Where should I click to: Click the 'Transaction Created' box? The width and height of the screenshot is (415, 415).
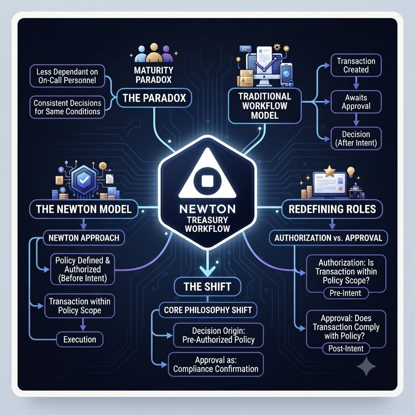pos(356,65)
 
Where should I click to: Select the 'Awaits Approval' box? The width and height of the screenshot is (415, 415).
pos(356,102)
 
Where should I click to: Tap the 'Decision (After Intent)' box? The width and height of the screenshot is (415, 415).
pos(356,139)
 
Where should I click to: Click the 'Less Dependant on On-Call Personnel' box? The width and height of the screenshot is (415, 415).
pos(67,76)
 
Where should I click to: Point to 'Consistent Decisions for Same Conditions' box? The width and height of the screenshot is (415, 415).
pos(67,107)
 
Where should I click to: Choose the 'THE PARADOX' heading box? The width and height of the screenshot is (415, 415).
pos(154,98)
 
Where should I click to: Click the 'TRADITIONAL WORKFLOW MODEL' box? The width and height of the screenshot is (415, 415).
pos(265,106)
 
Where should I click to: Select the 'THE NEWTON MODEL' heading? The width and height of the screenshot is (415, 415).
pos(83,209)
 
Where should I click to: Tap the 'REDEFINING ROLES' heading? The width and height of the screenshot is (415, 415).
pos(332,209)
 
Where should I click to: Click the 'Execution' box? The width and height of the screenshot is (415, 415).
pos(80,339)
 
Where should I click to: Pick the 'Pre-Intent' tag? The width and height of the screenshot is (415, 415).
pos(346,293)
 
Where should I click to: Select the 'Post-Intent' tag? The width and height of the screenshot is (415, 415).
pos(346,348)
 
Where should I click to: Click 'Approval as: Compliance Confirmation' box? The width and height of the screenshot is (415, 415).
pos(216,364)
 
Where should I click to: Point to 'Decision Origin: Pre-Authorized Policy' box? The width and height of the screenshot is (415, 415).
pos(218,335)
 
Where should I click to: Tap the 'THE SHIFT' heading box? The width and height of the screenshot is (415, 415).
pos(207,287)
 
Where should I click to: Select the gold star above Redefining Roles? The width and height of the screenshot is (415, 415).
pos(330,171)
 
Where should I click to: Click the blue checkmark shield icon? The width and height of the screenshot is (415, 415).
pos(84,180)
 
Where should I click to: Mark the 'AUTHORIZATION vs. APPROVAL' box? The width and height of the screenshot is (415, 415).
pos(328,237)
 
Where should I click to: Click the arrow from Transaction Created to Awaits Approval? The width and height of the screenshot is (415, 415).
pos(356,83)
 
